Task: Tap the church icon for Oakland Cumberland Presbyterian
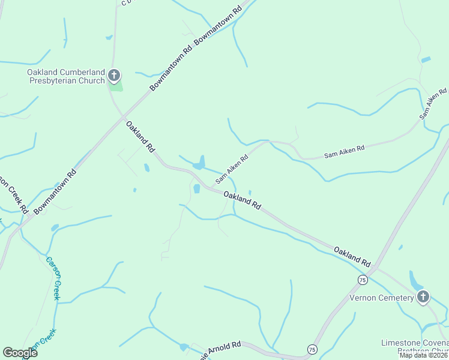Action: point(114,76)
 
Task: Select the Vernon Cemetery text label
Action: point(382,298)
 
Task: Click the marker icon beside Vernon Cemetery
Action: point(424,297)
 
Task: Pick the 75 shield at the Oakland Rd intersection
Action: point(362,280)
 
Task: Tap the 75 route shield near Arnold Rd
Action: point(312,349)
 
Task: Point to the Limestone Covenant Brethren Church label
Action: point(414,346)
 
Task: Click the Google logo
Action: point(20,353)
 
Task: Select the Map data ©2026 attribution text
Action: point(423,355)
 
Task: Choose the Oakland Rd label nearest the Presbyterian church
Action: point(140,136)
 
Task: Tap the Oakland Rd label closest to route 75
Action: point(352,256)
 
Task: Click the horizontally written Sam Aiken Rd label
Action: point(344,151)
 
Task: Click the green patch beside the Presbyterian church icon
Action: point(116,85)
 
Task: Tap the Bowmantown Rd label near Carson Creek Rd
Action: point(56,191)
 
